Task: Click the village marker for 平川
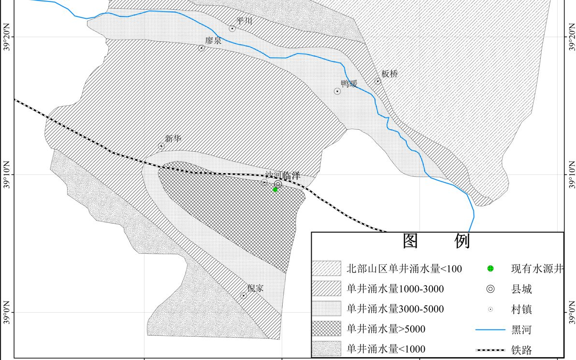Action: click(x=232, y=29)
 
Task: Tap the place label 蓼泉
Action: click(x=213, y=41)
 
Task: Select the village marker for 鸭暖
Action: click(x=337, y=91)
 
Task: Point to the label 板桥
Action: click(x=390, y=74)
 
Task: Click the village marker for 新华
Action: click(x=161, y=146)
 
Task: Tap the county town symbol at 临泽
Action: click(x=278, y=184)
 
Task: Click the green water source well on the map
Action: click(x=275, y=189)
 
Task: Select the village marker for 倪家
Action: click(x=244, y=296)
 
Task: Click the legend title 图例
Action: click(x=436, y=241)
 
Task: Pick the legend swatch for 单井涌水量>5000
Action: click(x=327, y=329)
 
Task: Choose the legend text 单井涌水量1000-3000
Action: click(x=395, y=289)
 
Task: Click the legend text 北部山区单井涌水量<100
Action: click(x=404, y=269)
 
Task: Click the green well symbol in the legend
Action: click(x=490, y=269)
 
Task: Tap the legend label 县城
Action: click(x=521, y=289)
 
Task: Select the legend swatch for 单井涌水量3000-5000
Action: click(x=327, y=309)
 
